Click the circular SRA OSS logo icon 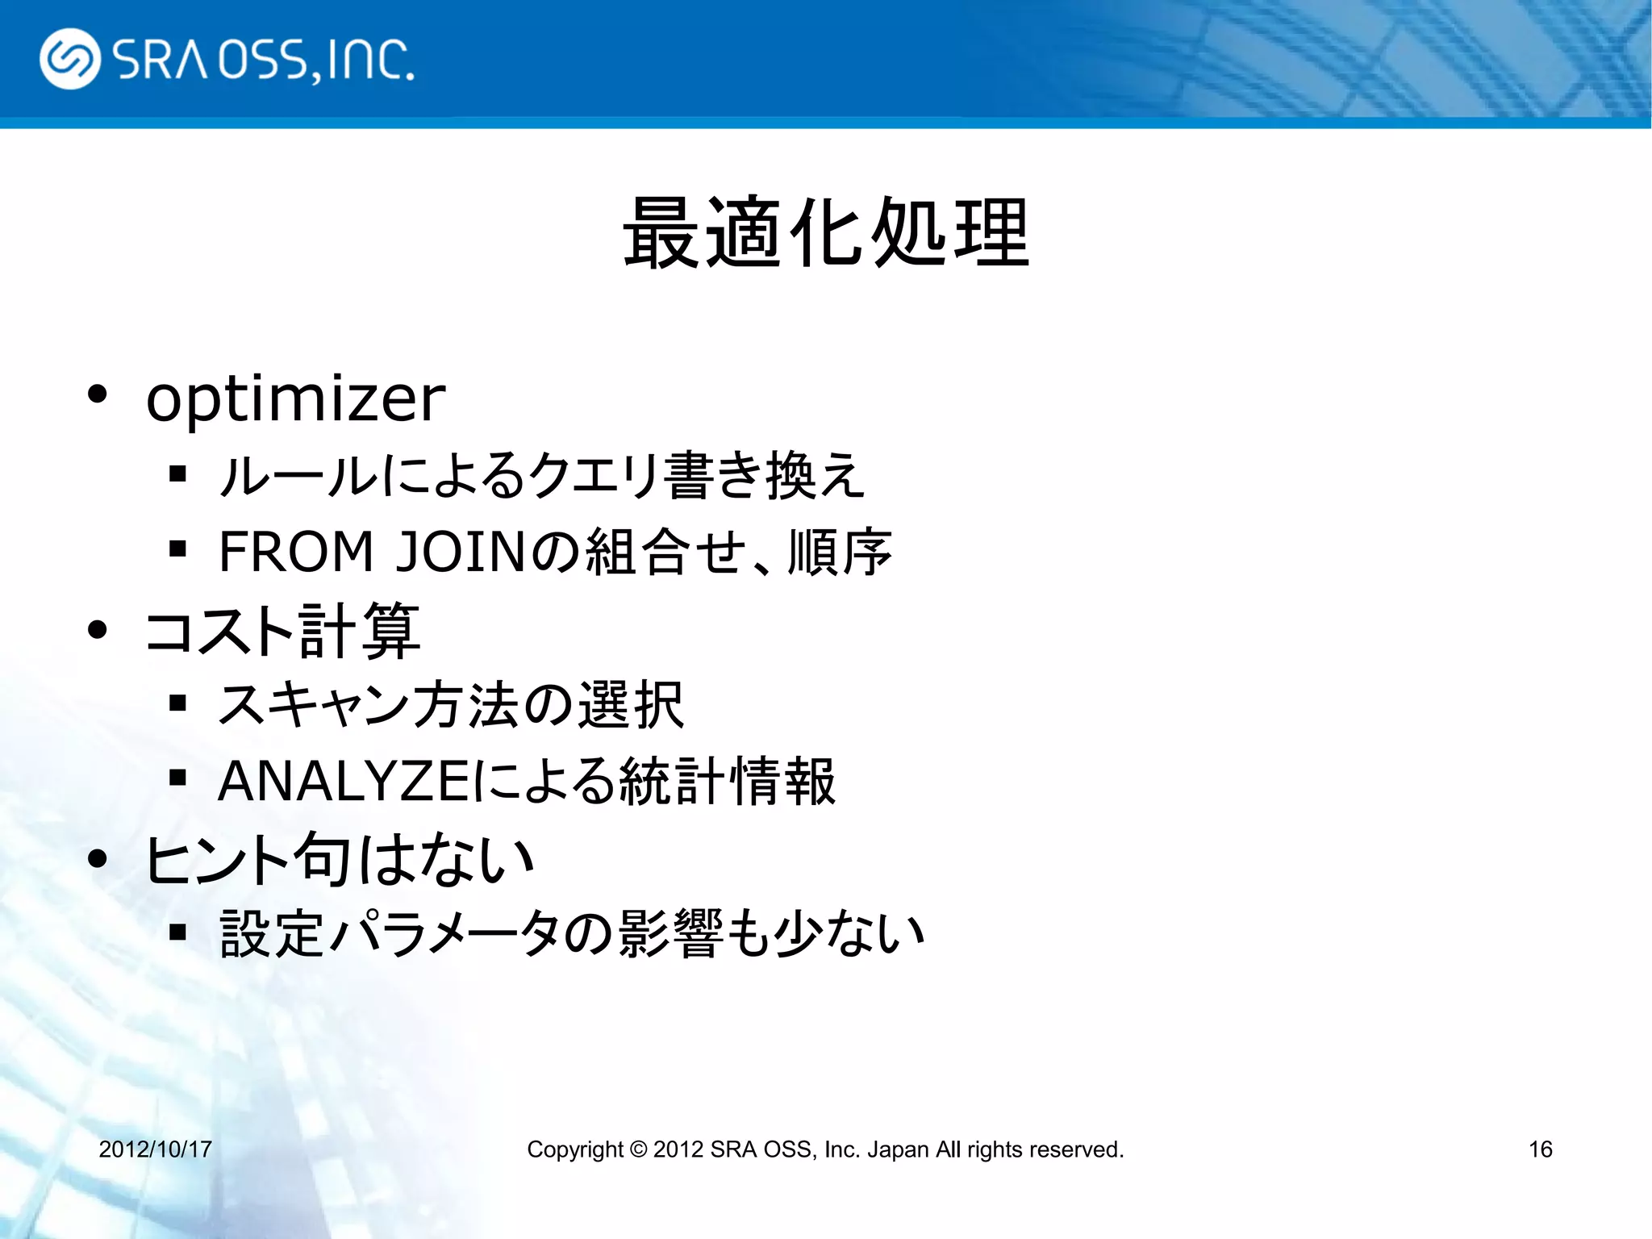coord(70,59)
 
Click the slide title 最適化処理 coord(826,233)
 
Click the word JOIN coord(461,552)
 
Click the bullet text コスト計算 coord(282,630)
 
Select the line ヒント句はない coord(339,859)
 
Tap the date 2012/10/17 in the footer coord(155,1149)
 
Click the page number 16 coord(1540,1149)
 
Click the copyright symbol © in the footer coord(638,1149)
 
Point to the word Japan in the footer coord(897,1149)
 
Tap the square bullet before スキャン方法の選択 coord(178,703)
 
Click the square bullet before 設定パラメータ coord(178,933)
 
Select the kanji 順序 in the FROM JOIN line coord(840,552)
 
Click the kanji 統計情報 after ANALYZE coord(727,781)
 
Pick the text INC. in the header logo coord(372,60)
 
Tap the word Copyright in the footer coord(574,1149)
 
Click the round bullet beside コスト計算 coord(98,629)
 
